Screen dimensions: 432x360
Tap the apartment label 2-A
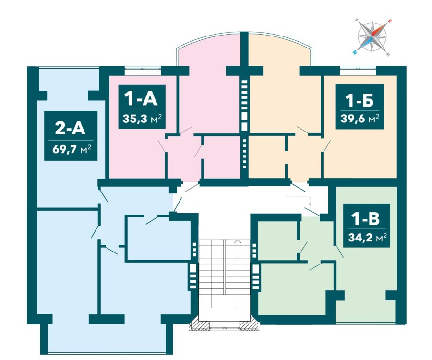pos(71,128)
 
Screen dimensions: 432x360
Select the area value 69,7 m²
pos(72,150)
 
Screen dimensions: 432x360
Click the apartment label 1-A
pos(141,99)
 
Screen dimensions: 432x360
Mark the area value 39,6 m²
pos(360,119)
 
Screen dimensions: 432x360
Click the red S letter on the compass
pos(389,21)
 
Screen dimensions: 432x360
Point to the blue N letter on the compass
pos(355,52)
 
